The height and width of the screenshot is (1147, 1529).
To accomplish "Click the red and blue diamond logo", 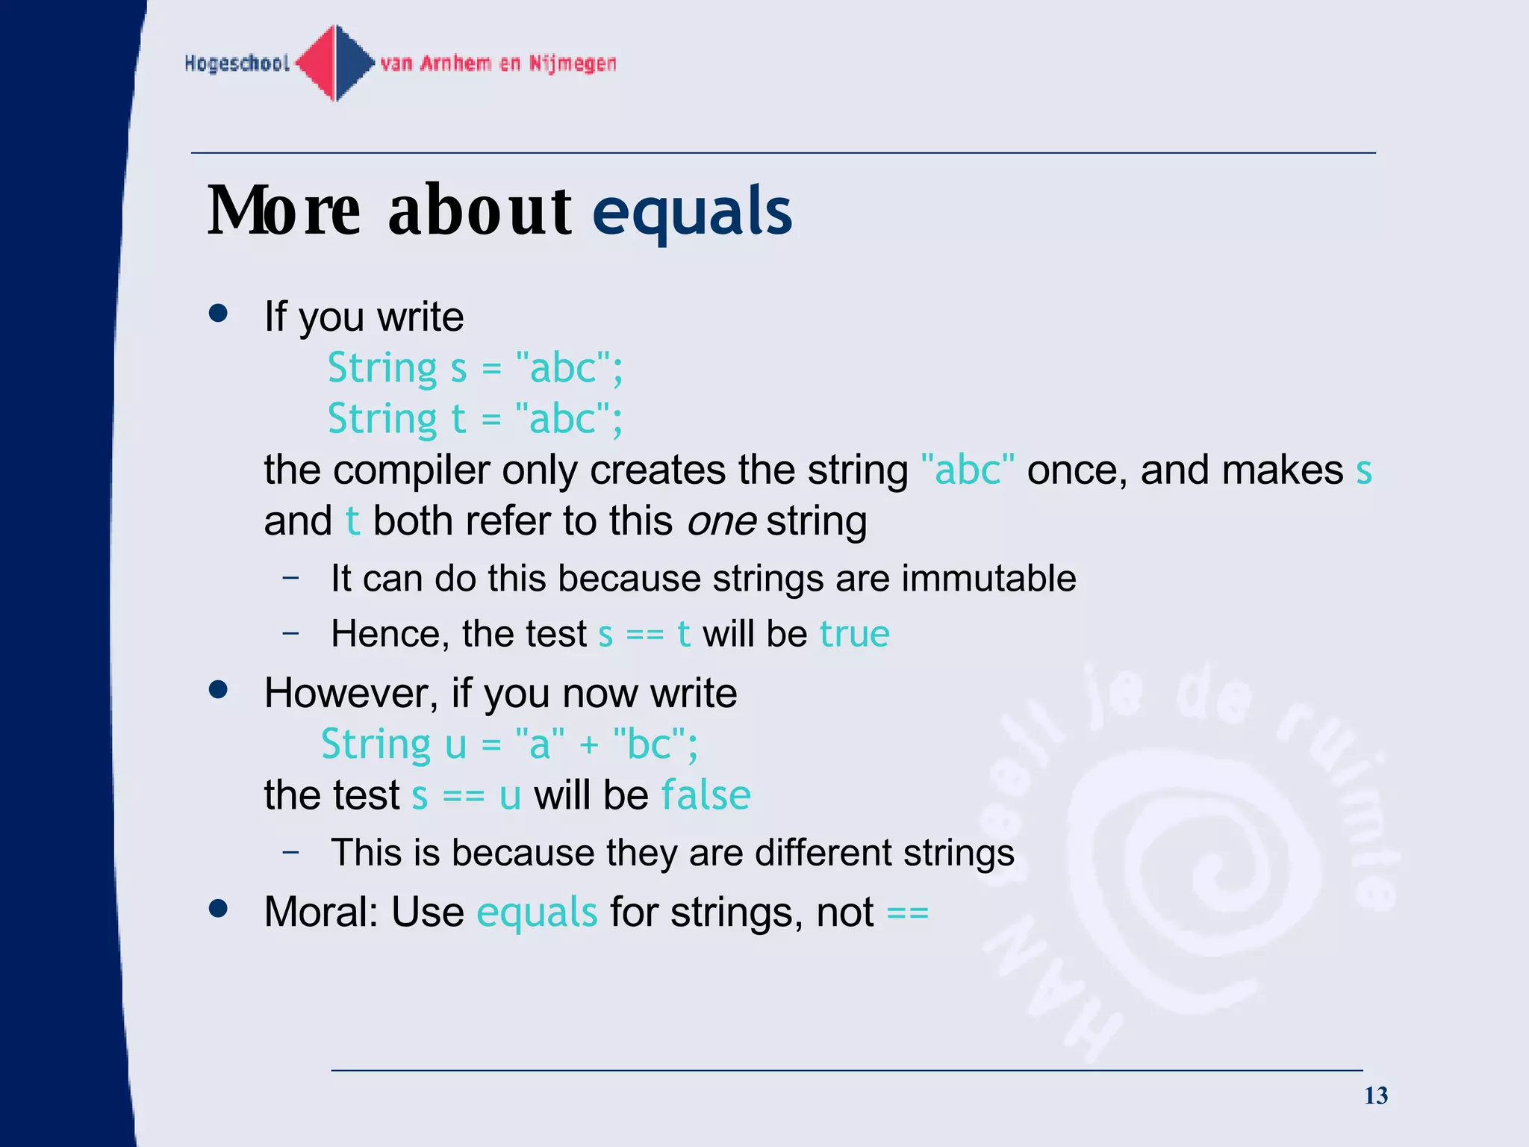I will (335, 63).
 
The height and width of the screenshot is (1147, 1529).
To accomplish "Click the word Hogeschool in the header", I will (237, 63).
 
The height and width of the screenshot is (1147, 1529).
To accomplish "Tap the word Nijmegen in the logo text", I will (573, 63).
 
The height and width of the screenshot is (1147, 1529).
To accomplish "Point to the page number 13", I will (1375, 1095).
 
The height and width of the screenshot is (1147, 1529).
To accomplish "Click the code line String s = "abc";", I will (475, 368).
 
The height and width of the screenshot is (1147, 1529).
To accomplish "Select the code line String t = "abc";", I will (475, 419).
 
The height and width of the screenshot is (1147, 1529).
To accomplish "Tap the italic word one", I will (721, 521).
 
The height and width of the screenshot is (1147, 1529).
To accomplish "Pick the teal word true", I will (854, 634).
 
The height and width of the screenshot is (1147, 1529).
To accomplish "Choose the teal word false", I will (706, 795).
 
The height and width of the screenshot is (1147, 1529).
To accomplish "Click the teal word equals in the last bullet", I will (537, 913).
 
